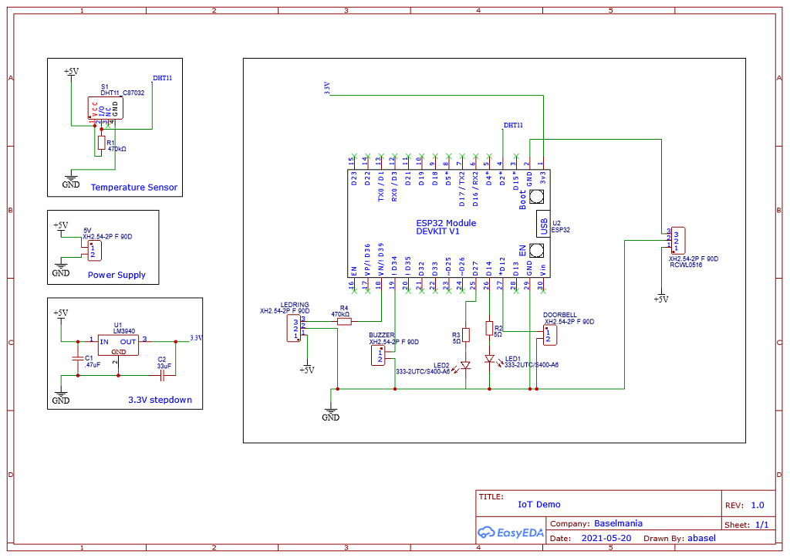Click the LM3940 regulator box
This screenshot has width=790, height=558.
click(118, 345)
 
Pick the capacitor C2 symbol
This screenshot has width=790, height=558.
click(163, 376)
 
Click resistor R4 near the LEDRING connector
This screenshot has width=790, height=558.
click(344, 321)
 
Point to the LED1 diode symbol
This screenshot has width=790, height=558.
click(489, 359)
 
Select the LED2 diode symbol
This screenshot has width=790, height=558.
click(465, 365)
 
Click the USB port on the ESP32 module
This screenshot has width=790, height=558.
click(543, 224)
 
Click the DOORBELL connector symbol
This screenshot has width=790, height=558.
click(549, 335)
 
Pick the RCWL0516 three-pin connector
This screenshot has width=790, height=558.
click(676, 240)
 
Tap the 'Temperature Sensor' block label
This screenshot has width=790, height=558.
click(133, 188)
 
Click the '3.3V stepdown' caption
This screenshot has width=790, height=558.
click(160, 400)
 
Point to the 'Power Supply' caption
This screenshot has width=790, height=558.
click(116, 275)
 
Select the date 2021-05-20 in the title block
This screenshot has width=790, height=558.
click(606, 538)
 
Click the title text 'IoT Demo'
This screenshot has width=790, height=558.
click(539, 504)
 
